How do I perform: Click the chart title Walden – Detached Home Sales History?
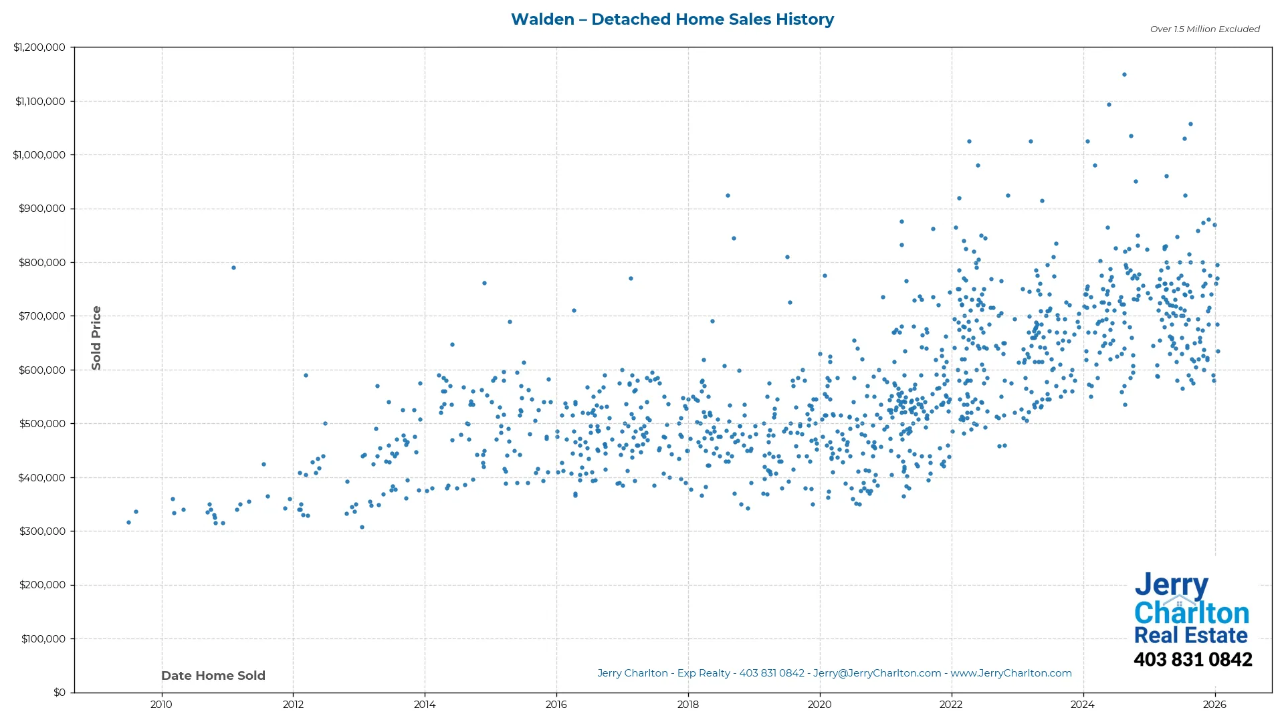coord(672,19)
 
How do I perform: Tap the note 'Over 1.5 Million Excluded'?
coord(1204,29)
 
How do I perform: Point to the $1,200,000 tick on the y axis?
coord(39,47)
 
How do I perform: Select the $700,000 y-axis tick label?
coord(42,316)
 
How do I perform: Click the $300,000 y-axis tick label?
coord(42,531)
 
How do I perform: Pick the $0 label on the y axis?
coord(60,693)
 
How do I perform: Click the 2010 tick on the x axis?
coord(161,704)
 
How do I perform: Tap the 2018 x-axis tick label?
coord(687,704)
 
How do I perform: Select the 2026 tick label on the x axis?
coord(1214,704)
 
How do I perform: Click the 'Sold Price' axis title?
coord(96,338)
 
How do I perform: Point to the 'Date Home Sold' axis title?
coord(213,676)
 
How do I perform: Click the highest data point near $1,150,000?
coord(1124,75)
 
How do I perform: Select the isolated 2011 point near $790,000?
coord(233,268)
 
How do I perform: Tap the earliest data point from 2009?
coord(129,523)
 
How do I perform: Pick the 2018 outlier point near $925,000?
coord(728,196)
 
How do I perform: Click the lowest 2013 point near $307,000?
coord(362,527)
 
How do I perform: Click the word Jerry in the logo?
coord(1171,586)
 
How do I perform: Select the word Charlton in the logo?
coord(1191,613)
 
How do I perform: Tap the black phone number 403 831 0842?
coord(1192,660)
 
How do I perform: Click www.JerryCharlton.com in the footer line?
coord(1010,673)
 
